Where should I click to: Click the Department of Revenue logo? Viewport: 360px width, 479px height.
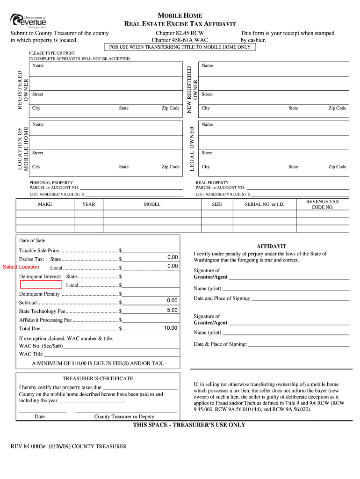tap(29, 21)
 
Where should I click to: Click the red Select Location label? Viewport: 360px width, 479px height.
tap(21, 267)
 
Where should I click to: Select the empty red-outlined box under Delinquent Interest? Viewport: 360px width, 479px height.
tap(41, 284)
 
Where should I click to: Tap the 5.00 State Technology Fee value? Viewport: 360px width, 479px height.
tap(172, 310)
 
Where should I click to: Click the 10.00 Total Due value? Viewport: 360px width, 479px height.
tap(170, 328)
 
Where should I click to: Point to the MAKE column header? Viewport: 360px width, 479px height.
tap(45, 204)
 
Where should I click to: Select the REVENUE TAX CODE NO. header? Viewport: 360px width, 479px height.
tap(323, 204)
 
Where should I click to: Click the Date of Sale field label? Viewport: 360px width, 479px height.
tap(32, 241)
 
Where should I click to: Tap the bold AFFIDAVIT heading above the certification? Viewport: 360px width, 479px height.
tap(272, 246)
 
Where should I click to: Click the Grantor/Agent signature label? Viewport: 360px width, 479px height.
tap(210, 277)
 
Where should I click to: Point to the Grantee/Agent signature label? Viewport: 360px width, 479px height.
tap(210, 323)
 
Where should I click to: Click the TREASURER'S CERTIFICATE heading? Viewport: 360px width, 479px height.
tap(98, 378)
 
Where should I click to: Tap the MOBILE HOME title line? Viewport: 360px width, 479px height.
tap(180, 15)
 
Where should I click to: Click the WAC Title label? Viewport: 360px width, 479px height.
tap(31, 354)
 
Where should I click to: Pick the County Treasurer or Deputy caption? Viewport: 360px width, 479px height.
tap(124, 416)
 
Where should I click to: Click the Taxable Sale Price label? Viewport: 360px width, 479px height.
tap(39, 250)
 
